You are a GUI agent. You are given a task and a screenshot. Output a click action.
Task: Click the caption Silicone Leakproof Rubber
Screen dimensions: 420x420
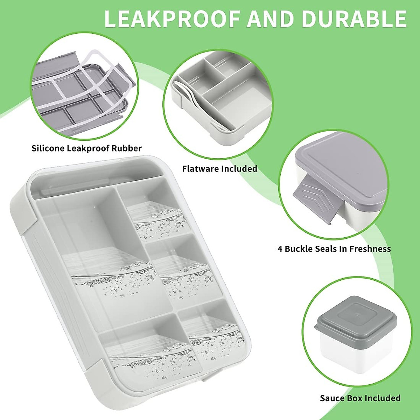[x=86, y=148]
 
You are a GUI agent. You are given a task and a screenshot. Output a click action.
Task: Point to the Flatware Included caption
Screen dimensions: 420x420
[x=219, y=169]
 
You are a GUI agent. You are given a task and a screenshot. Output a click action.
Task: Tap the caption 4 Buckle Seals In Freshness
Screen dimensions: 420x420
[x=334, y=249]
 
